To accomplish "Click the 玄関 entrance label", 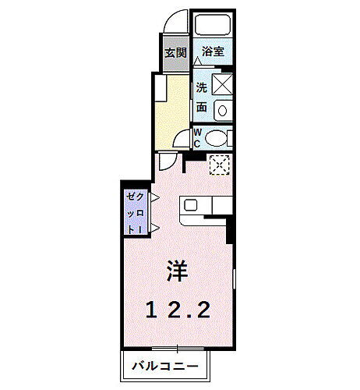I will tap(175, 53).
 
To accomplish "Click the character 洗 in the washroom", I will tap(201, 87).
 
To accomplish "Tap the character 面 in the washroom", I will tap(201, 108).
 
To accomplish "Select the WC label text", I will tap(197, 137).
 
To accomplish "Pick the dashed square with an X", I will tap(220, 165).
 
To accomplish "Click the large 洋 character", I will tap(175, 272).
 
